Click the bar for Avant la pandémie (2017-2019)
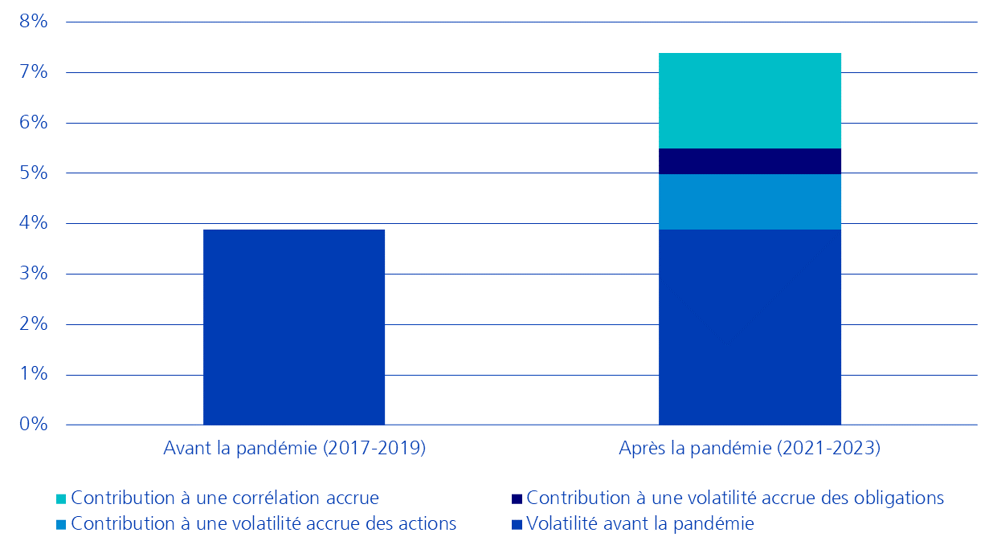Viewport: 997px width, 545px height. (294, 327)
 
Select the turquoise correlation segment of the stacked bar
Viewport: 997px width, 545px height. (750, 100)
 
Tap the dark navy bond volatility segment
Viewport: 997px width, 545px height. (750, 161)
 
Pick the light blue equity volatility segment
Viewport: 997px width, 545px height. (750, 201)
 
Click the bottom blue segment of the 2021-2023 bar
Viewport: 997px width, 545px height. (750, 327)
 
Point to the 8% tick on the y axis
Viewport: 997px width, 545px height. (34, 22)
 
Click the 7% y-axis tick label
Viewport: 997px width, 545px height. (34, 72)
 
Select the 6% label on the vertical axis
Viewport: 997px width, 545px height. (34, 123)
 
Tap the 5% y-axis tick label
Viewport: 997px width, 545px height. (34, 173)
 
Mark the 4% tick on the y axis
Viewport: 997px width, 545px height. (34, 223)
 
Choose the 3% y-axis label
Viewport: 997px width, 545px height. (34, 274)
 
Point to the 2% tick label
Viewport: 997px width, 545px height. (34, 324)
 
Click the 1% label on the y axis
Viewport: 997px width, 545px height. (34, 375)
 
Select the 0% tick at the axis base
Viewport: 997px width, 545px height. (34, 425)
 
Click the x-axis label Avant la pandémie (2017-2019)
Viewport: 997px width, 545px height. (294, 449)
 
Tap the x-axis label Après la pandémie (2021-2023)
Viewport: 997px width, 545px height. (750, 449)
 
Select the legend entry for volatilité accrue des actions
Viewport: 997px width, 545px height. (264, 524)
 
